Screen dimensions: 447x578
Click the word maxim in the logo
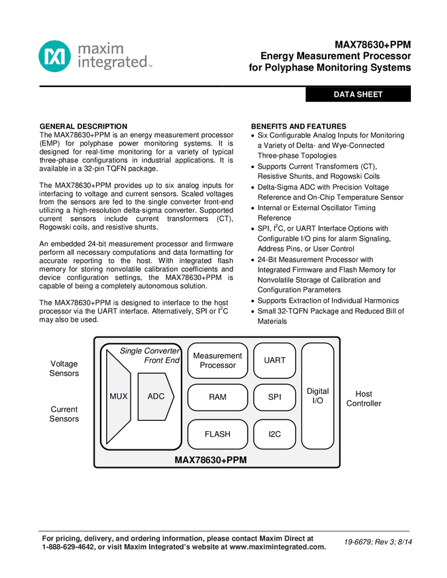(x=100, y=49)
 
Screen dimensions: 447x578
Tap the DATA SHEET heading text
(x=358, y=95)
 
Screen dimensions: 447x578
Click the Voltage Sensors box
(x=64, y=369)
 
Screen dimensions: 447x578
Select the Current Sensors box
(x=64, y=414)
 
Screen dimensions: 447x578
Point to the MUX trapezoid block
(x=118, y=396)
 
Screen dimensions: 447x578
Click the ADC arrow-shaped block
(x=156, y=396)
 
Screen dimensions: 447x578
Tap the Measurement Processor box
(x=218, y=360)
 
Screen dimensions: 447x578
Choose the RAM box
(x=218, y=397)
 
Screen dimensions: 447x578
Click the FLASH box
(x=218, y=434)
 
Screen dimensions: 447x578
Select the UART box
(x=275, y=360)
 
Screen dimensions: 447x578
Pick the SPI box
(x=275, y=397)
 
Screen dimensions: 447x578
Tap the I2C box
(x=275, y=434)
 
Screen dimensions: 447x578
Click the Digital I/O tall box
(x=318, y=396)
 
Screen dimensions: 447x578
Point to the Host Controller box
(x=363, y=399)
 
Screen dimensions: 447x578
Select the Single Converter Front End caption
(x=151, y=355)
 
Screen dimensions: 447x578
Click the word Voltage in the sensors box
(x=64, y=364)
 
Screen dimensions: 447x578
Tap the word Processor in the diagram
(x=218, y=366)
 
